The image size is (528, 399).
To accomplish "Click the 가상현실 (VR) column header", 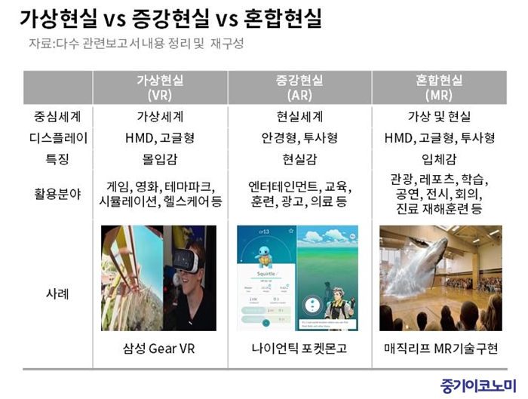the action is pos(160,87).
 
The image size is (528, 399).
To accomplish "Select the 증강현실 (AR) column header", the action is pos(299,87).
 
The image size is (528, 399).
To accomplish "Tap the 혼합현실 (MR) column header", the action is pos(439,87).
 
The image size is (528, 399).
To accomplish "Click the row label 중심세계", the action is pos(57,116).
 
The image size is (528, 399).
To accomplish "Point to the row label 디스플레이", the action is pos(58,138).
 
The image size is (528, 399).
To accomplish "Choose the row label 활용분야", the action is pos(57,194).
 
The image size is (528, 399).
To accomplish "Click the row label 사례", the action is pos(57,293).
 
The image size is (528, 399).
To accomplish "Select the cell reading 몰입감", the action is pos(160,159).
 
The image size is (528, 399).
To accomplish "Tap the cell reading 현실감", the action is pos(299,159).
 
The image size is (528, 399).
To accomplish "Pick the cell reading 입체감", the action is pos(439,159).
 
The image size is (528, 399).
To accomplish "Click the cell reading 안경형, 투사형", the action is pos(299,138).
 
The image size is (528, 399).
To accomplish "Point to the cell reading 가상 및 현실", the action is pos(439,116).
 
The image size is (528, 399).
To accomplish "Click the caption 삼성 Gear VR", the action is pos(159,348).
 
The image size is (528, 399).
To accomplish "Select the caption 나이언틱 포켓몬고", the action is pos(299,348).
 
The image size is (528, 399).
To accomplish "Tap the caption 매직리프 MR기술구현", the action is pos(441,348).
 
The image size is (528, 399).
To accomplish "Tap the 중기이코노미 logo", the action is pos(478,386).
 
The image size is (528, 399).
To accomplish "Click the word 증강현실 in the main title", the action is pos(170,18).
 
